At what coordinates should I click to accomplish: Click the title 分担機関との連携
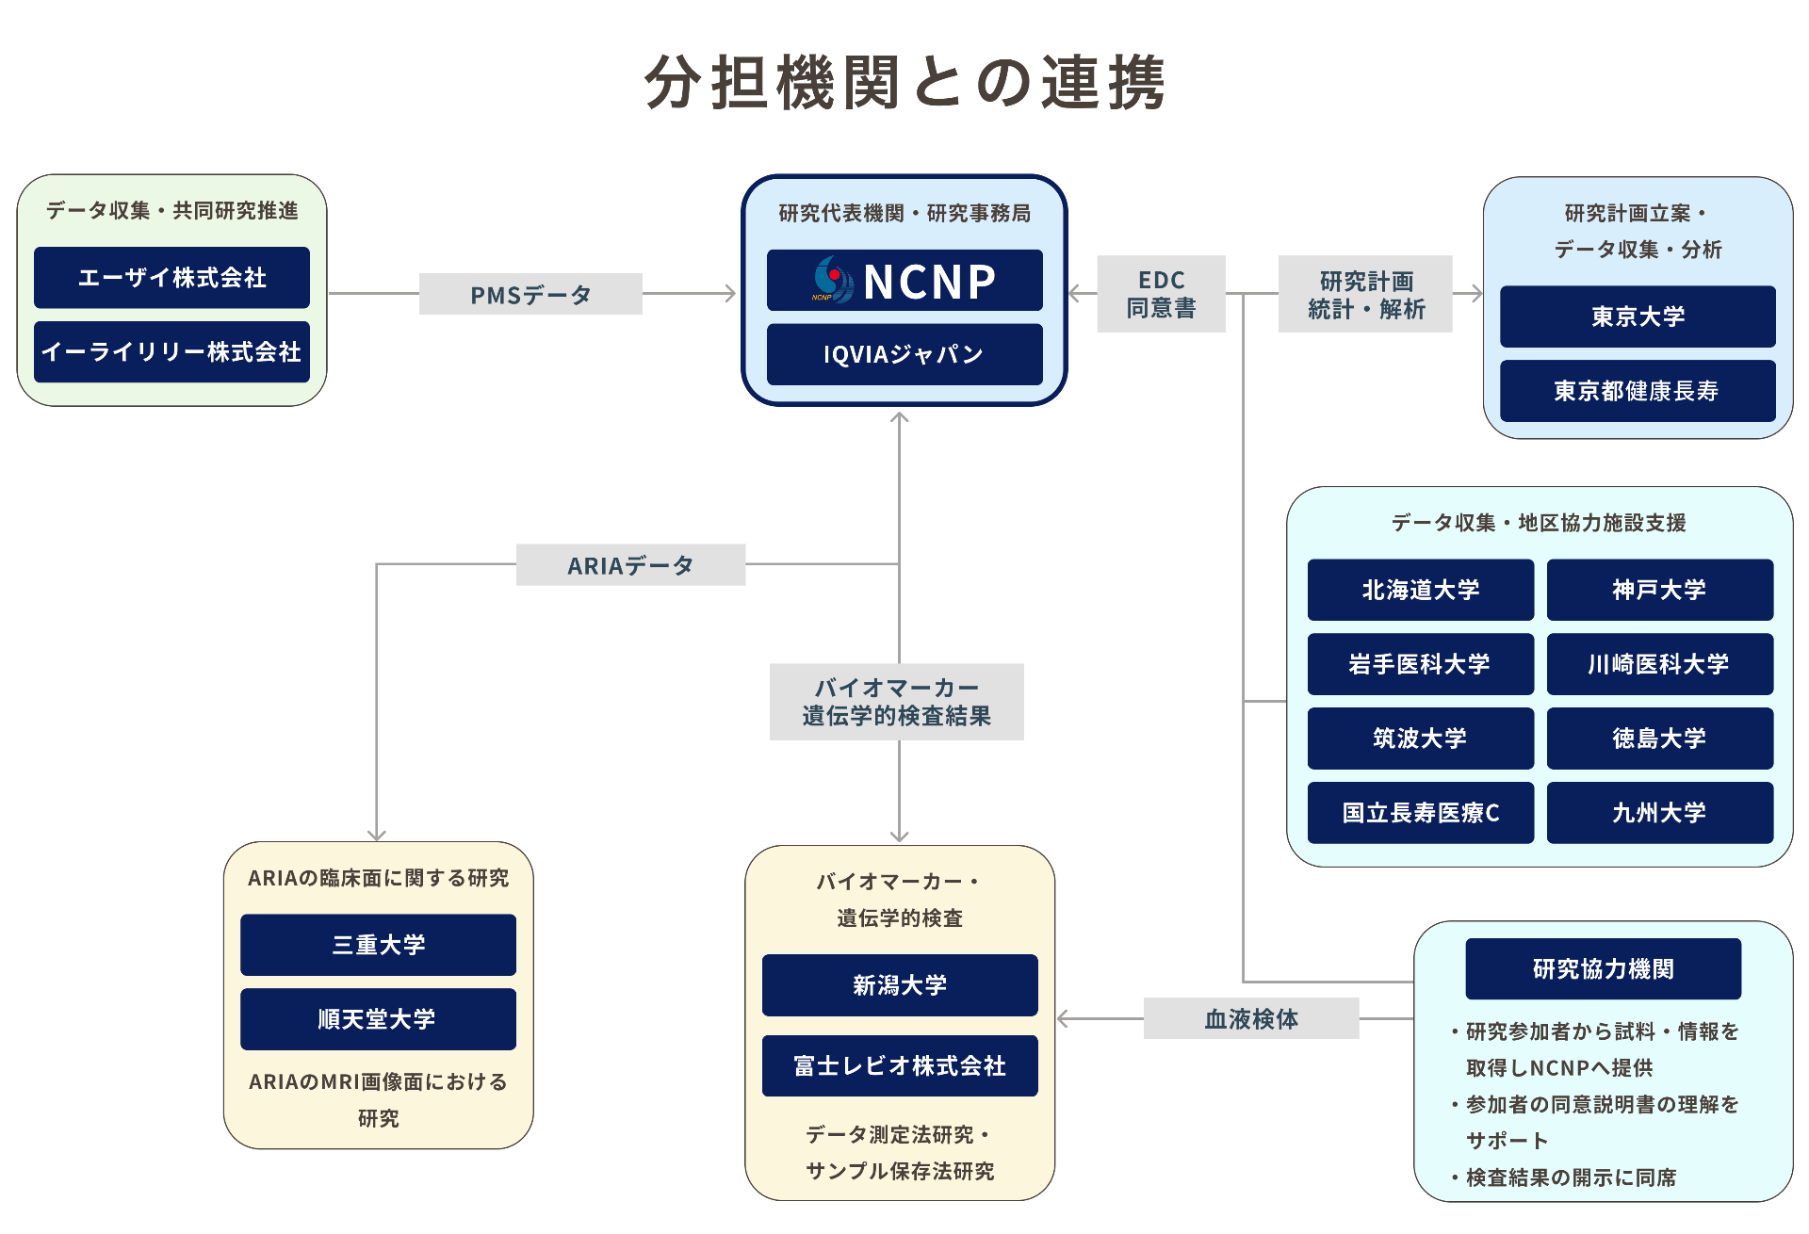(904, 83)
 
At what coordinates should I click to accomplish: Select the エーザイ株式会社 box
(171, 278)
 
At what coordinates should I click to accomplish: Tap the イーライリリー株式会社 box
(171, 352)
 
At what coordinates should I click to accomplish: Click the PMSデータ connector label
(530, 295)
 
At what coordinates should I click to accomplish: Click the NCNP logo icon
(833, 280)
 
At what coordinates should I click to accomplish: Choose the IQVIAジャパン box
(904, 354)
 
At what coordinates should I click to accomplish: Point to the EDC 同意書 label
(1161, 294)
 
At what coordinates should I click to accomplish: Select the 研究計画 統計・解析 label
(1365, 295)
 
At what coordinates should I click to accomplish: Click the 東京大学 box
(1638, 317)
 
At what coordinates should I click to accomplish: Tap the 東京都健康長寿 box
(1638, 391)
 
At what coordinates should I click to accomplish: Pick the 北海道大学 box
(1420, 591)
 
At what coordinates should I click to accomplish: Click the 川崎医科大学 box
(1659, 665)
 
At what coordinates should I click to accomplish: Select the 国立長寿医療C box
(1420, 813)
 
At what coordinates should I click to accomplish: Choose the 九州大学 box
(1659, 813)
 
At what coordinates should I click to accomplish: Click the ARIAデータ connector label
(630, 565)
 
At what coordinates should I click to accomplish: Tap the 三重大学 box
(378, 945)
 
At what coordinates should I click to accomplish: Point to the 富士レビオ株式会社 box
(900, 1066)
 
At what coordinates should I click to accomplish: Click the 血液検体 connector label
(1251, 1019)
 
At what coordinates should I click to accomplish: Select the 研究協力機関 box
(1603, 969)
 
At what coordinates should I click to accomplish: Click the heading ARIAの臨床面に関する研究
(378, 878)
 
